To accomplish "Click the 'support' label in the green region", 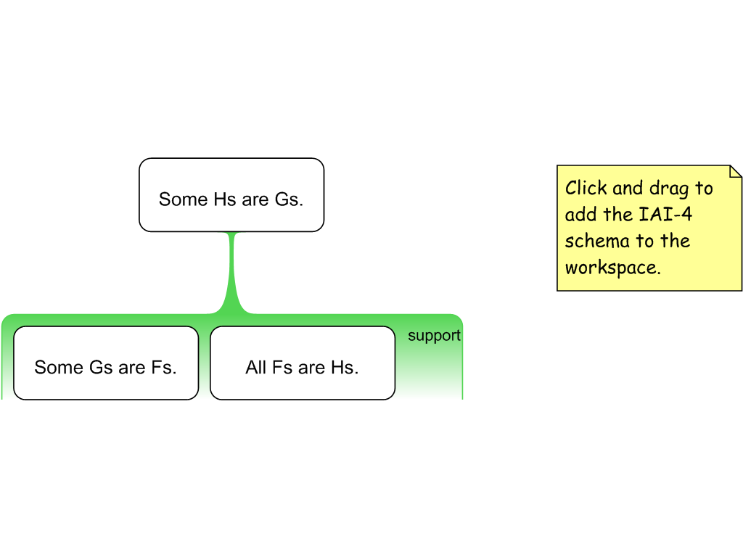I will (434, 336).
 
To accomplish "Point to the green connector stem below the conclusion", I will (232, 272).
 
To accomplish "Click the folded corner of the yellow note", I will (735, 172).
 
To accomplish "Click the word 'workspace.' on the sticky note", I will (612, 267).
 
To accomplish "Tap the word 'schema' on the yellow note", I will (591, 241).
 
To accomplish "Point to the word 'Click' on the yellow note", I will (586, 189).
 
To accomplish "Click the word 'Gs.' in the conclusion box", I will (289, 199).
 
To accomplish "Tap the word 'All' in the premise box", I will (256, 368).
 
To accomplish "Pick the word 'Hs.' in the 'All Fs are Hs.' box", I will (345, 368).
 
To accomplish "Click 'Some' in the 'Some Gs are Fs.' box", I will (59, 368).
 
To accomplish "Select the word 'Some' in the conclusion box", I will (184, 199).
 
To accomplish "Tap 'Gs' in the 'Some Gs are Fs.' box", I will (101, 368).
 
